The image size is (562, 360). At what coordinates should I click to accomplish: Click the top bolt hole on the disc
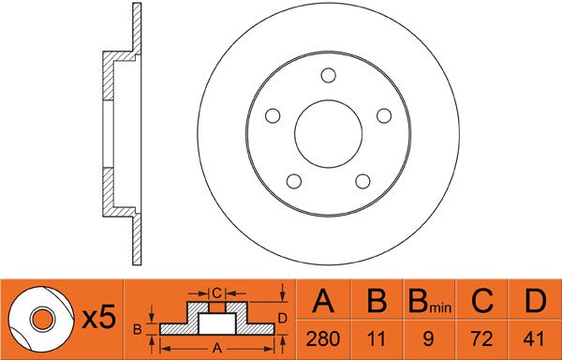click(x=329, y=75)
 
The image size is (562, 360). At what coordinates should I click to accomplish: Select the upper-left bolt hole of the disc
click(x=273, y=116)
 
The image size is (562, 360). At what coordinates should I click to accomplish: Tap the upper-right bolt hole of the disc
click(x=384, y=116)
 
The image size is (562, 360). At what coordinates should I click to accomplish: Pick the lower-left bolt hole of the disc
click(x=294, y=181)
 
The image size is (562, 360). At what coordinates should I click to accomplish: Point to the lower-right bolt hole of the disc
click(x=362, y=181)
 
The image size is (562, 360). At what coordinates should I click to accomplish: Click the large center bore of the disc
click(x=329, y=134)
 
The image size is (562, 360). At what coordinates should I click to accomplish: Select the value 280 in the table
click(x=323, y=338)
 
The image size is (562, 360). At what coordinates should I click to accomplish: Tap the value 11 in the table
click(x=377, y=338)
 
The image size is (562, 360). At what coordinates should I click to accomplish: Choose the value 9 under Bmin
click(x=429, y=338)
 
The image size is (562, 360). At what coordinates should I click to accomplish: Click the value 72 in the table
click(x=482, y=338)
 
